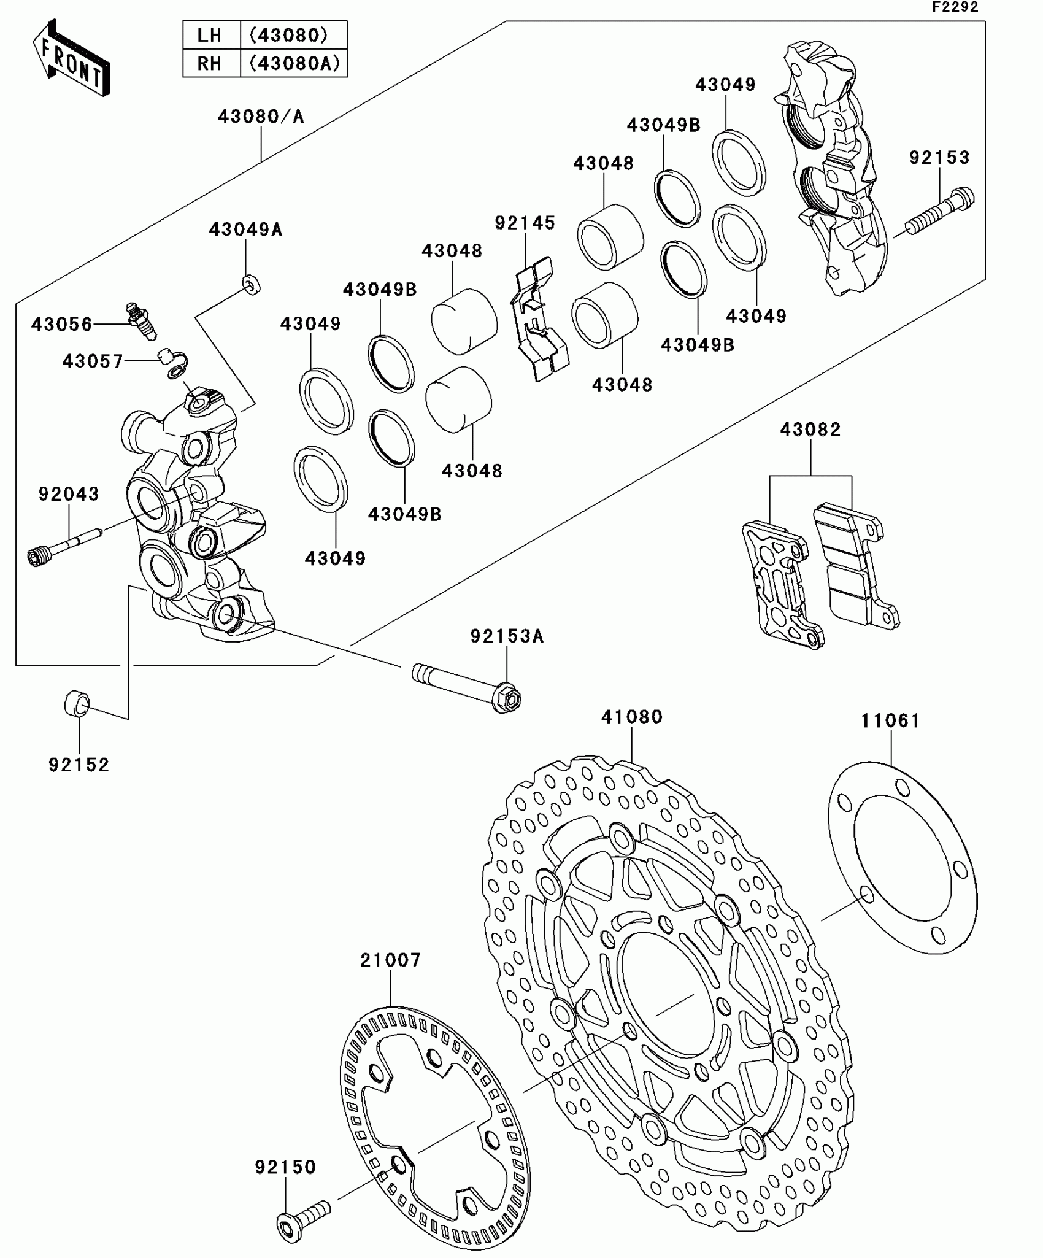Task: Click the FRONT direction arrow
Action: click(x=71, y=58)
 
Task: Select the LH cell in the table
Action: click(x=210, y=35)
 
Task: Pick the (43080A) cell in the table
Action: click(x=294, y=63)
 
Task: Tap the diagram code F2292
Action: click(x=955, y=7)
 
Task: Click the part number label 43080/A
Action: click(x=261, y=116)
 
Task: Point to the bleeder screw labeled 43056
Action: click(x=141, y=320)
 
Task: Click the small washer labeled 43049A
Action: click(x=250, y=284)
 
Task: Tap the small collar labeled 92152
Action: click(x=77, y=703)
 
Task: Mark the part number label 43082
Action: click(x=810, y=429)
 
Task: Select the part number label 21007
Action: click(x=390, y=960)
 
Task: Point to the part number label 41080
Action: click(x=631, y=717)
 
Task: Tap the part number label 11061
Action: click(x=890, y=720)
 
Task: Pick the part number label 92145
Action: click(x=525, y=223)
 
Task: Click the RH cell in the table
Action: click(x=210, y=63)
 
